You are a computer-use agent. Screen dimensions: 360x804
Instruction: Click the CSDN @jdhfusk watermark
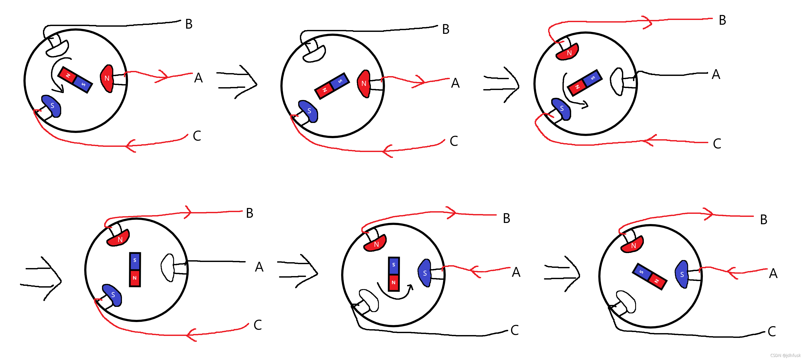pyautogui.click(x=785, y=355)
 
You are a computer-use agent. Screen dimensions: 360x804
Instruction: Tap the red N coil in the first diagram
pyautogui.click(x=107, y=78)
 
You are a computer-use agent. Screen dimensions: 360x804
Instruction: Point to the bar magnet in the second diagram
pyautogui.click(x=332, y=86)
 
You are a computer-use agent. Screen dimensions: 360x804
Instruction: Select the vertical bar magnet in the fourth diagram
pyautogui.click(x=135, y=270)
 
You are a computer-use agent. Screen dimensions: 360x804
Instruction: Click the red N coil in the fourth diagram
pyautogui.click(x=119, y=239)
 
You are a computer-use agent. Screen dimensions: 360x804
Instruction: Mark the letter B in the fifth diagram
pyautogui.click(x=506, y=219)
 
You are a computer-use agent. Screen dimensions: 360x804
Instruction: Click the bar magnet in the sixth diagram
pyautogui.click(x=649, y=276)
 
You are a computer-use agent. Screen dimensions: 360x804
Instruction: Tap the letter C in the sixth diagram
pyautogui.click(x=771, y=332)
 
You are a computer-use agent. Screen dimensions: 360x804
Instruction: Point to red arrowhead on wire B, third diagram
pyautogui.click(x=648, y=22)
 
